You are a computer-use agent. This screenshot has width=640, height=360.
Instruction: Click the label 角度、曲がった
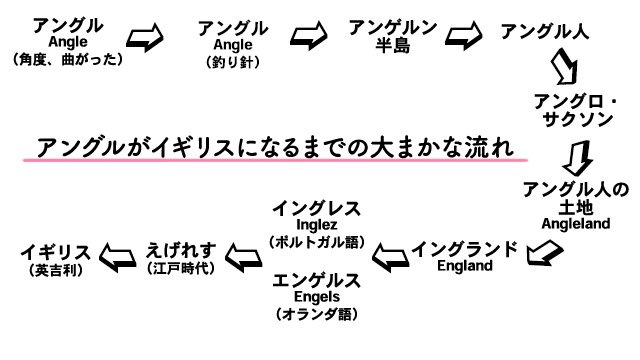(69, 59)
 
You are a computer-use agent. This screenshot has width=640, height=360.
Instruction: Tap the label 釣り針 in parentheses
(232, 62)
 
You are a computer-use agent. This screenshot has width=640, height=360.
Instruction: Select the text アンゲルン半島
(392, 38)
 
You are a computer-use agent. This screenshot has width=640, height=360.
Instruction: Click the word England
(465, 267)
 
